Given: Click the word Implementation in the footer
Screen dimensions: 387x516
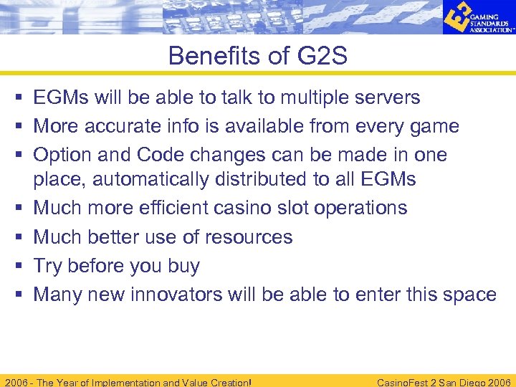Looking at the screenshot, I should pos(114,382).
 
